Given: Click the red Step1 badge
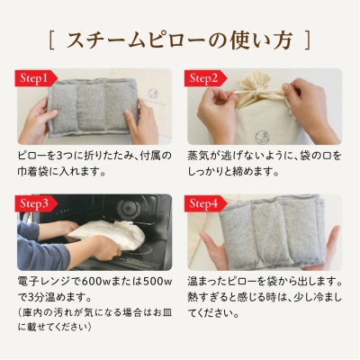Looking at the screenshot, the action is [35, 78].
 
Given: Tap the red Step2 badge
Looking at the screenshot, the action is [205, 78].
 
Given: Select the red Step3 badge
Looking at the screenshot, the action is [35, 203].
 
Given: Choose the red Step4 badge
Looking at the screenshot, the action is [205, 203].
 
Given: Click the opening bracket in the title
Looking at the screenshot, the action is [51, 40].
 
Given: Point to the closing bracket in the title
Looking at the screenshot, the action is [308, 40].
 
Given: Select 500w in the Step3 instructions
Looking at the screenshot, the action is [157, 283].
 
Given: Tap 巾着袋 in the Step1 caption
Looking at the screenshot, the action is [33, 172].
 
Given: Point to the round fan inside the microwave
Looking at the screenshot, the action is [129, 208].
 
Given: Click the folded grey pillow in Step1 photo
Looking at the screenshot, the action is [93, 107].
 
